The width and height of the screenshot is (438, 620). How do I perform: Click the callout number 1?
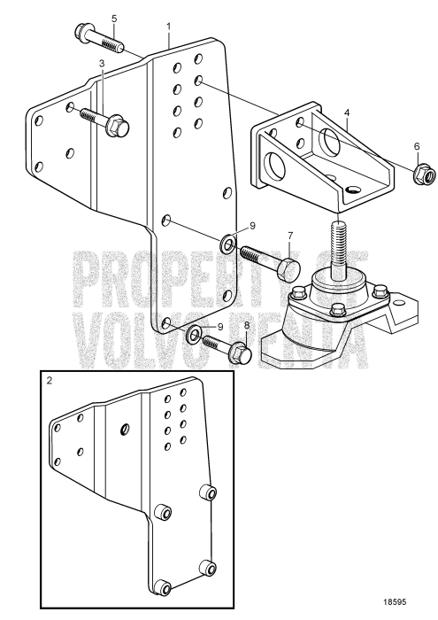coord(168,28)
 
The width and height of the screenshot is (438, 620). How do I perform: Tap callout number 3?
coord(102,63)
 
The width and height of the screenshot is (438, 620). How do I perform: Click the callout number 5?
coord(113,19)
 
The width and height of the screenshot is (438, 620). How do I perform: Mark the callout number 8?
coord(246,325)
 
